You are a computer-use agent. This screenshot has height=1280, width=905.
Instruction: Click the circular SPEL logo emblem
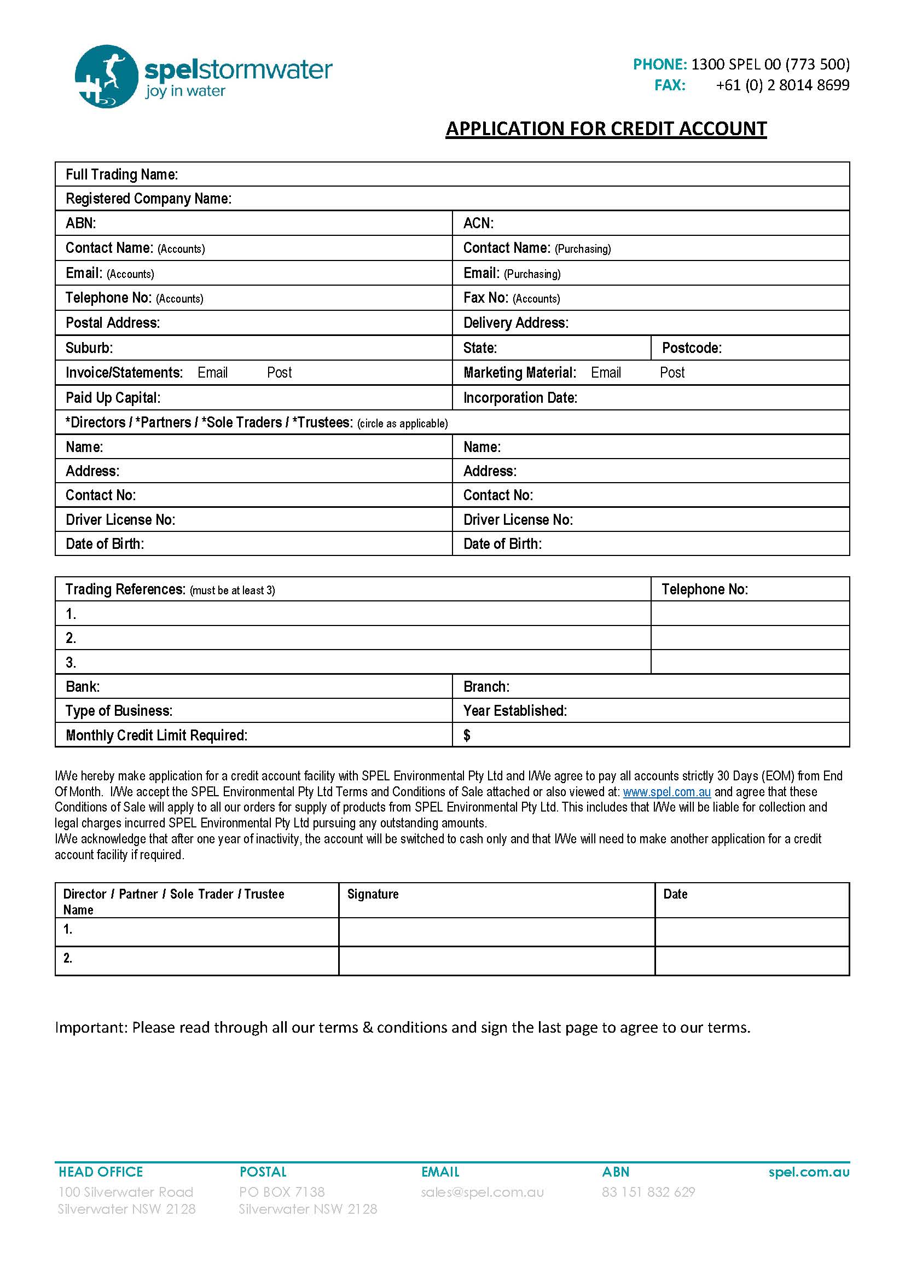point(106,77)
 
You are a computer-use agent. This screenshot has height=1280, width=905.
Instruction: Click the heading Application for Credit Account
point(606,129)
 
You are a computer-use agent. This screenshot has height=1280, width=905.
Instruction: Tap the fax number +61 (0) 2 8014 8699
point(782,85)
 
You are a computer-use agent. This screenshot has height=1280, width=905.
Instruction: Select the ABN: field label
point(81,224)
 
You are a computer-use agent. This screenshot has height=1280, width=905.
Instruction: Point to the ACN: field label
point(478,224)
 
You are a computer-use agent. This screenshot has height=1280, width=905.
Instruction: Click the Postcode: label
point(691,349)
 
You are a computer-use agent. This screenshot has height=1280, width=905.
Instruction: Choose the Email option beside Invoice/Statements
point(212,373)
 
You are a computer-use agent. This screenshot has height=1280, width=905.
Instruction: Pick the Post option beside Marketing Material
point(671,373)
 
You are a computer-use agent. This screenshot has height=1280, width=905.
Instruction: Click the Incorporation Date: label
point(520,398)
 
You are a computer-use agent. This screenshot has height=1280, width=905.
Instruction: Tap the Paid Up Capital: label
point(113,398)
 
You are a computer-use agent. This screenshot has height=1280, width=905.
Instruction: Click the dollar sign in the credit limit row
point(467,736)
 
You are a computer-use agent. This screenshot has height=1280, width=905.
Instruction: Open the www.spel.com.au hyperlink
point(666,792)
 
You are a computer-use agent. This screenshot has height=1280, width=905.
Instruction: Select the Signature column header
point(373,894)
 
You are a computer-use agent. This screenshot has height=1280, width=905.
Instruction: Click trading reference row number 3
point(71,663)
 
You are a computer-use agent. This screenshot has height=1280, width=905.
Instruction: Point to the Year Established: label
point(515,711)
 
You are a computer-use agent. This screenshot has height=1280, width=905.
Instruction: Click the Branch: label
point(486,687)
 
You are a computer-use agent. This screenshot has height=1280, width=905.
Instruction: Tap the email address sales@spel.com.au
point(482,1192)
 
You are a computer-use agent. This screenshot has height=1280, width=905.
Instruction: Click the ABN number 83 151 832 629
point(648,1192)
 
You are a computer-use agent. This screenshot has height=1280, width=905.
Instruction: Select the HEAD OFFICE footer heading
point(101,1172)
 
